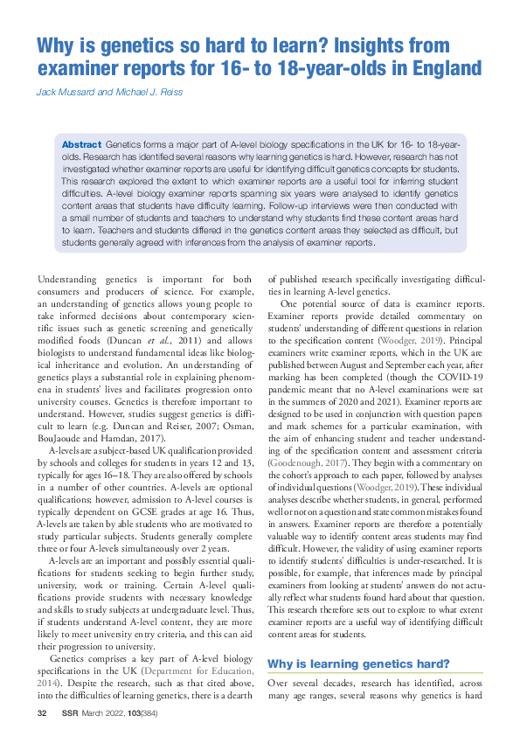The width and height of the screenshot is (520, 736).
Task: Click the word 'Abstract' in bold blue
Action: pos(81,142)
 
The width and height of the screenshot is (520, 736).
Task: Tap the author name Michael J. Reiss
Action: pos(160,91)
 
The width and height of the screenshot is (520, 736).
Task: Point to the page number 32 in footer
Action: pos(41,715)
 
